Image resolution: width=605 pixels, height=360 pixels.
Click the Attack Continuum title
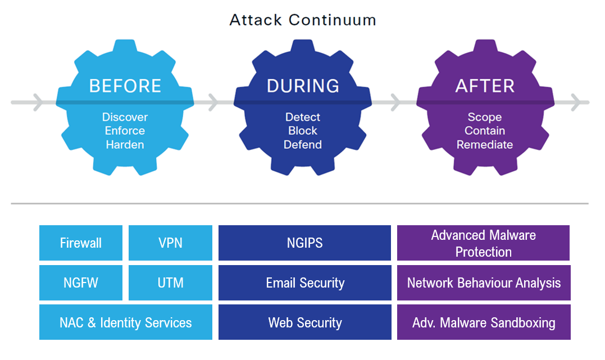tap(303, 20)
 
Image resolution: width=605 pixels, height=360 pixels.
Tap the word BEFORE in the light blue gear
tap(125, 86)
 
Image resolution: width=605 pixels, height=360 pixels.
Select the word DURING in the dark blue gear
tap(303, 86)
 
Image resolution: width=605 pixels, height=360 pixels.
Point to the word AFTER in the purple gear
tap(484, 86)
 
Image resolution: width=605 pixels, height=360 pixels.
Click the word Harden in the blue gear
tap(125, 144)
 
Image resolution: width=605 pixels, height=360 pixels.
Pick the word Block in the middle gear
tap(303, 131)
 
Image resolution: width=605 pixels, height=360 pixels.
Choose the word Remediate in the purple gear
tap(484, 144)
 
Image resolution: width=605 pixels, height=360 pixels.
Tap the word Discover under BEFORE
tap(125, 117)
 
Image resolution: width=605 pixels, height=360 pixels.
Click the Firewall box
tap(81, 243)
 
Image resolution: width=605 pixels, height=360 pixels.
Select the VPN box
tap(170, 243)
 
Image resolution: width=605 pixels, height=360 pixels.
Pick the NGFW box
tap(81, 282)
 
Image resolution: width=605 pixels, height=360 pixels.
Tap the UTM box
tap(170, 282)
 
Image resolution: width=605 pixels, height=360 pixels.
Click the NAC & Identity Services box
tap(126, 322)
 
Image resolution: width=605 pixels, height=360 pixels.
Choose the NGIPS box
tap(304, 243)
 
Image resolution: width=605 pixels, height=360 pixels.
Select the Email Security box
tap(304, 282)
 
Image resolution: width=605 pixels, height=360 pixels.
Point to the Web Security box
tap(304, 322)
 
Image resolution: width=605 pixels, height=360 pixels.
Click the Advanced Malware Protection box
tap(483, 243)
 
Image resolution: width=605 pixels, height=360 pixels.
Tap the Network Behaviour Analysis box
tap(484, 282)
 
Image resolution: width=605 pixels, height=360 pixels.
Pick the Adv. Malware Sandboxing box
tap(484, 322)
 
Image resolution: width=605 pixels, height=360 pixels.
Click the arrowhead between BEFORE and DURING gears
tap(213, 103)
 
